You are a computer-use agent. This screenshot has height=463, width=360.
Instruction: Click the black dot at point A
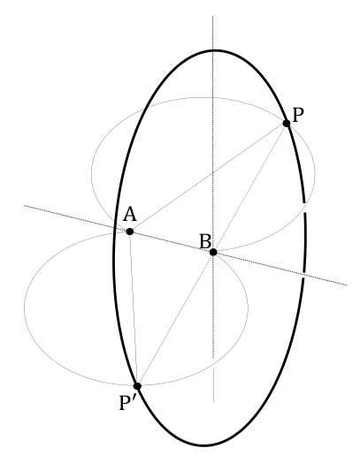pyautogui.click(x=129, y=231)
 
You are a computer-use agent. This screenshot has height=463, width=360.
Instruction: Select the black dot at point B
pyautogui.click(x=213, y=252)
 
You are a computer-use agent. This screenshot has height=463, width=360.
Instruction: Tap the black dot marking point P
pyautogui.click(x=287, y=123)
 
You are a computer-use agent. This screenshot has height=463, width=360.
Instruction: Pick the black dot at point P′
pyautogui.click(x=137, y=386)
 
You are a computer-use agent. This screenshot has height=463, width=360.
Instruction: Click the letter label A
pyautogui.click(x=130, y=215)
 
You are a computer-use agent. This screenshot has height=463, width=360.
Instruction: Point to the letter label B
pyautogui.click(x=206, y=241)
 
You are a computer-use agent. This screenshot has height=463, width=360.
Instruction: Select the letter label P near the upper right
pyautogui.click(x=298, y=115)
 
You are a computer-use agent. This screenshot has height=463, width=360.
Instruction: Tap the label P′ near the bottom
pyautogui.click(x=128, y=403)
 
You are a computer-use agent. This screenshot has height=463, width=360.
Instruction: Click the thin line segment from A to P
pyautogui.click(x=208, y=178)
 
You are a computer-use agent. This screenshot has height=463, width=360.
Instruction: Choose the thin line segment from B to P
pyautogui.click(x=249, y=188)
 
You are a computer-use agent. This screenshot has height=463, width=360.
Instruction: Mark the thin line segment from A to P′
pyautogui.click(x=134, y=309)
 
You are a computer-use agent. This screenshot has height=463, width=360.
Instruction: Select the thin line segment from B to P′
pyautogui.click(x=175, y=319)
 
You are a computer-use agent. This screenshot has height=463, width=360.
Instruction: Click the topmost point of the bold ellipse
pyautogui.click(x=214, y=51)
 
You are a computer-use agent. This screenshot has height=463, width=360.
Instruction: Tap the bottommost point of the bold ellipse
pyautogui.click(x=204, y=445)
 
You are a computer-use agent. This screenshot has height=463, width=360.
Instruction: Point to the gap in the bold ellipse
pyautogui.click(x=305, y=208)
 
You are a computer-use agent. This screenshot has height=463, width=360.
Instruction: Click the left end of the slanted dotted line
pyautogui.click(x=24, y=205)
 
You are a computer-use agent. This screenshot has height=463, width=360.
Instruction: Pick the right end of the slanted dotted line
pyautogui.click(x=347, y=285)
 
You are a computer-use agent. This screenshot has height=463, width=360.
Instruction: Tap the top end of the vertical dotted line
pyautogui.click(x=213, y=16)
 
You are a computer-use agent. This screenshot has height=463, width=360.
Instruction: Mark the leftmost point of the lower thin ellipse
pyautogui.click(x=24, y=307)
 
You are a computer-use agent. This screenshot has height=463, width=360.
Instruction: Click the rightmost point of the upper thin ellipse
pyautogui.click(x=315, y=173)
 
